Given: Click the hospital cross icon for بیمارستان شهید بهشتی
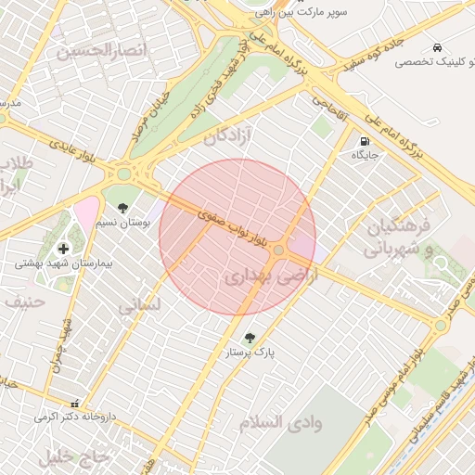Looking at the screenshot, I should pyautogui.click(x=63, y=248).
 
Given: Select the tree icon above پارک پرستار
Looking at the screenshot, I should pyautogui.click(x=249, y=338).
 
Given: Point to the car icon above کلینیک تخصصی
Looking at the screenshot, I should pyautogui.click(x=435, y=47).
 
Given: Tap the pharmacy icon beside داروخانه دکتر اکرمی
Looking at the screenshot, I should pyautogui.click(x=74, y=404).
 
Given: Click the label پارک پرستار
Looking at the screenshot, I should pyautogui.click(x=249, y=353).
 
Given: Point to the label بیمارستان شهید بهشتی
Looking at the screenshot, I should pyautogui.click(x=63, y=263).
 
